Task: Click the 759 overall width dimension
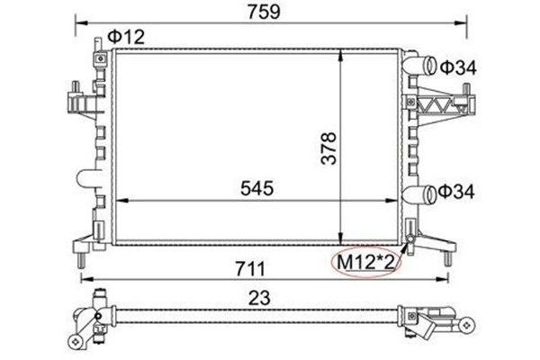[264, 12]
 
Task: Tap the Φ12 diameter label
[126, 37]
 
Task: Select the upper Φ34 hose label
[458, 67]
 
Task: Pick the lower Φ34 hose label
[456, 192]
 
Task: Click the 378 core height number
[328, 148]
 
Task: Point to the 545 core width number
[256, 188]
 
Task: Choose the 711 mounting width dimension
[250, 269]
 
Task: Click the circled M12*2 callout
[365, 263]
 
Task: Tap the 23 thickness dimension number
[259, 298]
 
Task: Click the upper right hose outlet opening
[430, 65]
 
